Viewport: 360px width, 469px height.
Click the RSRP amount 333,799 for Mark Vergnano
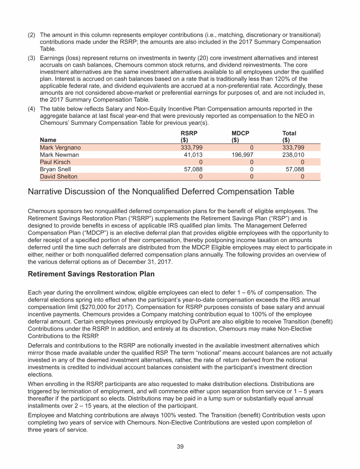(193, 147)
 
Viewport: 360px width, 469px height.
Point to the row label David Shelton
(59, 177)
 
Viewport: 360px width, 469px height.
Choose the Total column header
(289, 133)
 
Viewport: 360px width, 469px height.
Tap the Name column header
(48, 140)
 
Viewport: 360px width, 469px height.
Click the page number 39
(180, 446)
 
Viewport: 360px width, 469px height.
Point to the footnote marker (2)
(32, 35)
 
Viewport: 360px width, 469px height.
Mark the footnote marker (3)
(32, 57)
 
